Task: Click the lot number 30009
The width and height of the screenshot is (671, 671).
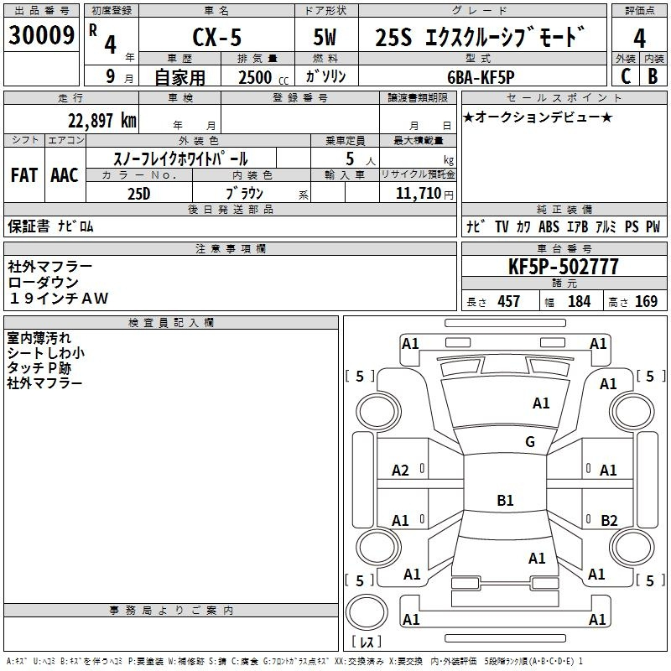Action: coord(42,36)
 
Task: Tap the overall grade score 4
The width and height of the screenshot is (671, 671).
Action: coord(639,38)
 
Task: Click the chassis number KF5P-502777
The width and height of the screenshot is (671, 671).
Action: coord(564,267)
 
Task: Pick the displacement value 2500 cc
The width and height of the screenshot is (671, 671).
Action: coord(255,77)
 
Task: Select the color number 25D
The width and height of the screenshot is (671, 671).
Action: coord(138,192)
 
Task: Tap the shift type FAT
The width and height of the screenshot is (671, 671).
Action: coord(24,175)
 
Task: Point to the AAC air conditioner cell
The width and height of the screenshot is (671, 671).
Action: coord(65,175)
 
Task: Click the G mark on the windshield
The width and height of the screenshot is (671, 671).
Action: coord(530,442)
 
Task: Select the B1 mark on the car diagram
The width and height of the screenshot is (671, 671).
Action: coord(505,501)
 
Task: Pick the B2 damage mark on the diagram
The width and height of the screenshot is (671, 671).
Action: coord(609,520)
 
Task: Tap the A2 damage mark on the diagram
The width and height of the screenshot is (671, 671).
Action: coord(401,471)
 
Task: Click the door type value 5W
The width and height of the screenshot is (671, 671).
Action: coord(325,38)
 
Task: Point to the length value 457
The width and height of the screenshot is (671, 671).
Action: coord(508,301)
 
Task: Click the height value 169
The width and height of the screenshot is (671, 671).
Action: coord(646,301)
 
